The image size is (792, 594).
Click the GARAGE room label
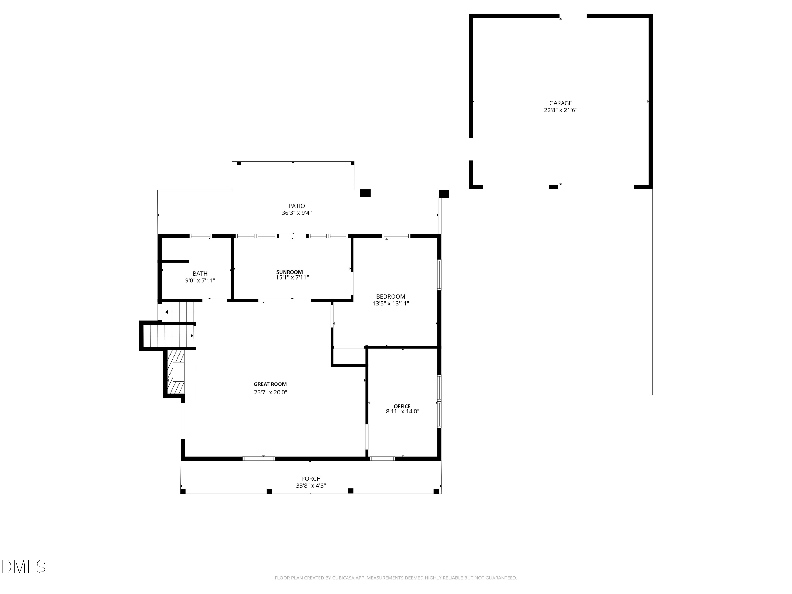pos(560,103)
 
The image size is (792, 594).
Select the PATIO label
pos(296,206)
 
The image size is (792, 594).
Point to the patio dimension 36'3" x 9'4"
pos(296,213)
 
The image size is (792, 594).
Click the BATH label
pos(200,274)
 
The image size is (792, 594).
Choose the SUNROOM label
pos(289,272)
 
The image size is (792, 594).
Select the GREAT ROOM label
pos(270,384)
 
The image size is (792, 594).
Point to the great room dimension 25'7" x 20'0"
pos(270,392)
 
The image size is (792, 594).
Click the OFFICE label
pos(402,406)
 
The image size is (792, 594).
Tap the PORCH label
pos(310,479)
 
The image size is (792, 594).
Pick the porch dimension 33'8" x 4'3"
pos(310,486)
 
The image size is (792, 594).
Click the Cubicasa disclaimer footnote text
pos(396,578)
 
